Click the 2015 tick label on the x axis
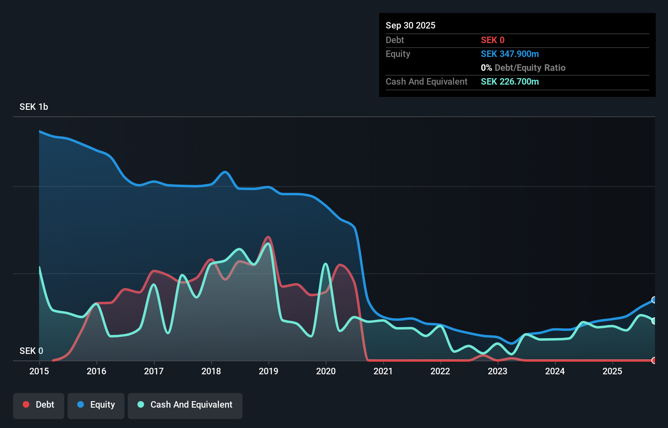[39, 371]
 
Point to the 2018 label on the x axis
[211, 371]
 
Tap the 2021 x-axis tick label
[383, 371]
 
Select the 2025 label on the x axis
[612, 371]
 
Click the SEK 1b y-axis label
[34, 107]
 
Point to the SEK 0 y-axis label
[31, 351]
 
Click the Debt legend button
[39, 405]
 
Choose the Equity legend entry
[96, 405]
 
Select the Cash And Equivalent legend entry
[185, 405]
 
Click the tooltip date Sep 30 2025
[410, 25]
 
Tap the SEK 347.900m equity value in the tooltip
[510, 54]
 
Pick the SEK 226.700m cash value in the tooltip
[510, 81]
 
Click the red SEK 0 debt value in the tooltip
[493, 40]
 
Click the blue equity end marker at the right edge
[654, 300]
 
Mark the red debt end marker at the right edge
[654, 360]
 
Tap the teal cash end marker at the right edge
[654, 321]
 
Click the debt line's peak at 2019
[268, 237]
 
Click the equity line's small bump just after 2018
[225, 172]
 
